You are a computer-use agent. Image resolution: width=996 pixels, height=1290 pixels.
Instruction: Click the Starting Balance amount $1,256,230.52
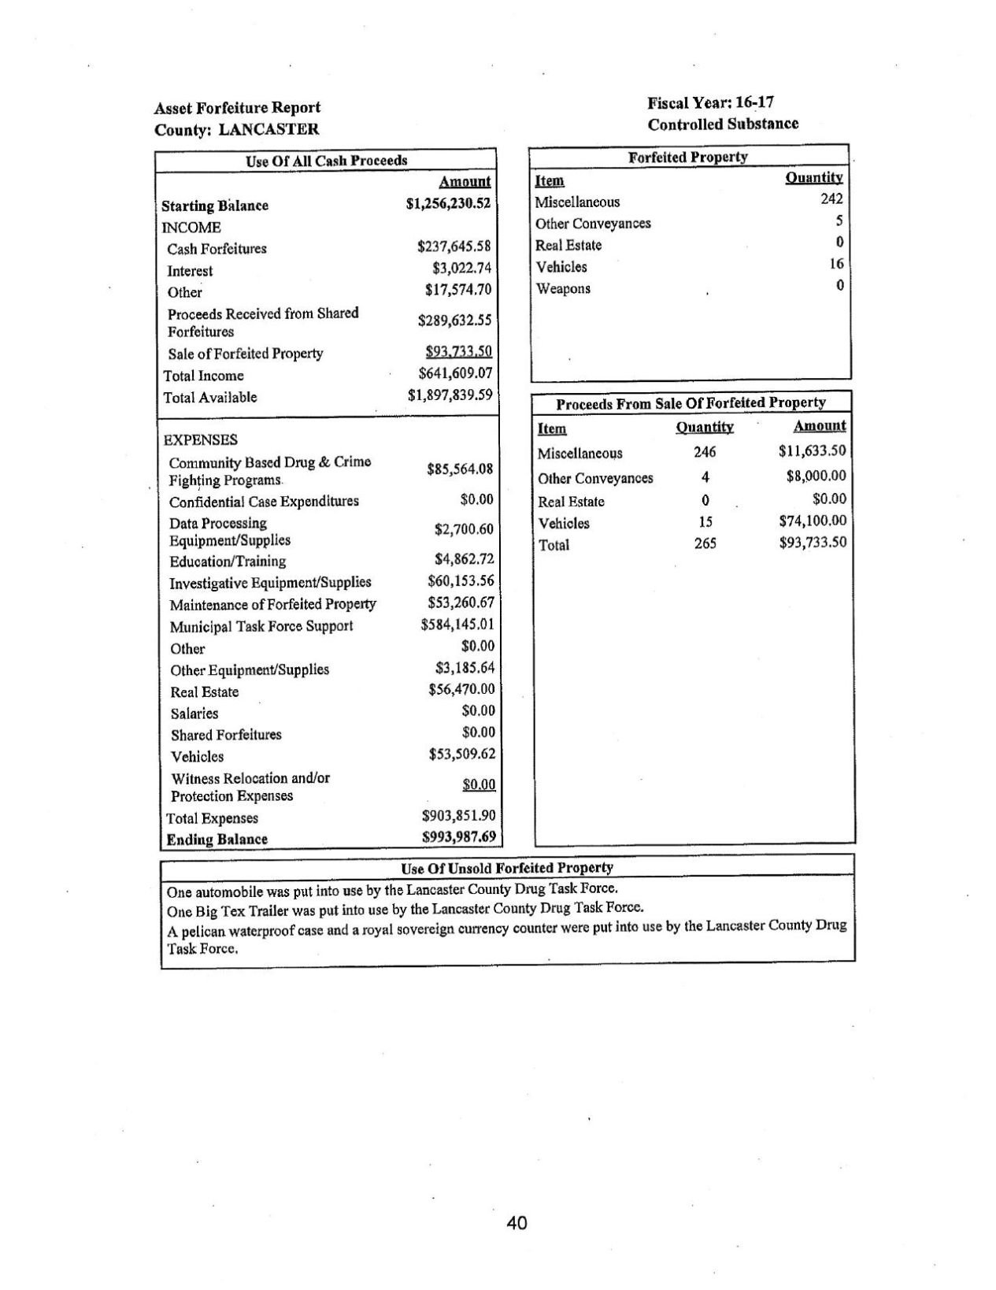click(448, 203)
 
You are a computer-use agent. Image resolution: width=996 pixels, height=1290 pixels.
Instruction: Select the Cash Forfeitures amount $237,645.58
click(454, 247)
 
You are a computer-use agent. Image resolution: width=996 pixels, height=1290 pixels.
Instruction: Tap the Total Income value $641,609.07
click(454, 373)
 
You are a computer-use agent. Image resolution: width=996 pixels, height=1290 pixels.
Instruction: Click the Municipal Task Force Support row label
click(261, 626)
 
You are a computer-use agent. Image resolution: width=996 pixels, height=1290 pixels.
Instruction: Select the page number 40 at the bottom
click(517, 1223)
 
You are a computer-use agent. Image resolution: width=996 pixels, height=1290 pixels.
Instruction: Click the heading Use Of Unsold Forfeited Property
click(507, 868)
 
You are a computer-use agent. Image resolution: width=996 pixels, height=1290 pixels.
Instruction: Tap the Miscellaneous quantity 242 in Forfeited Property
click(831, 199)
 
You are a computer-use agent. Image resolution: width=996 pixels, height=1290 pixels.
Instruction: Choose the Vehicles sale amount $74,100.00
click(812, 521)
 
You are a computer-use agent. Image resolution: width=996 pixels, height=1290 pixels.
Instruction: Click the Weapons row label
click(563, 288)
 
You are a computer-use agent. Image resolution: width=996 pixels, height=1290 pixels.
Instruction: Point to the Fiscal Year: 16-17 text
click(711, 102)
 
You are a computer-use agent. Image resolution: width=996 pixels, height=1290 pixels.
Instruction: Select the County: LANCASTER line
click(236, 129)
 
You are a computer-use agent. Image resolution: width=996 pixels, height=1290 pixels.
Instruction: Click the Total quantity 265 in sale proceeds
click(705, 543)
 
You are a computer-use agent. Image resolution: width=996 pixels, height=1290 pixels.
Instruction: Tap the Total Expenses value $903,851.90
click(458, 815)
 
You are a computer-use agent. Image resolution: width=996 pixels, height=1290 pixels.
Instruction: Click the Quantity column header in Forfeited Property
click(814, 178)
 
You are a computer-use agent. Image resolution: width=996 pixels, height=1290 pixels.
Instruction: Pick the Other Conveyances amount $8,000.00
click(816, 476)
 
